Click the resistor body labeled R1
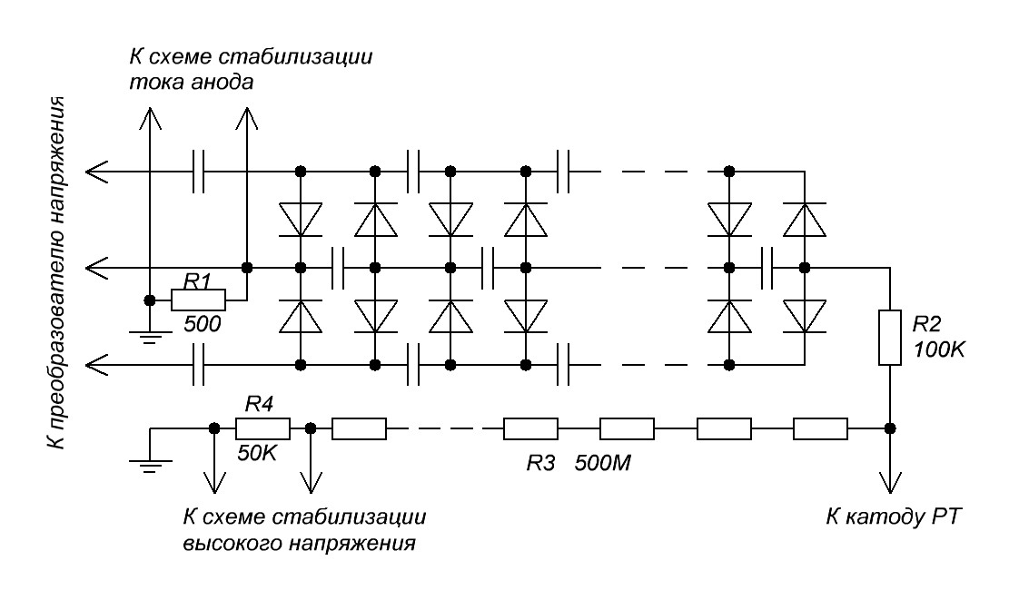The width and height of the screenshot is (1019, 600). pyautogui.click(x=198, y=299)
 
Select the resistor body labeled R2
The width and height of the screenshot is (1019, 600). pyautogui.click(x=890, y=338)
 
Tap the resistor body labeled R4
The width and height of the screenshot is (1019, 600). pyautogui.click(x=262, y=428)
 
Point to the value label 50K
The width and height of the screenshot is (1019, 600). pyautogui.click(x=258, y=451)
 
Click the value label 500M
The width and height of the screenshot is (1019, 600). pyautogui.click(x=605, y=464)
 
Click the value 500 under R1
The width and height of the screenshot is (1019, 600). pyautogui.click(x=202, y=323)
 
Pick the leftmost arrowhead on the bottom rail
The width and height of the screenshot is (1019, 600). pyautogui.click(x=94, y=364)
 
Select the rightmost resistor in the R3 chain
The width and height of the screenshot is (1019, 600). pyautogui.click(x=820, y=428)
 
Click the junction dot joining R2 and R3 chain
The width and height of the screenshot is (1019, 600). pyautogui.click(x=890, y=428)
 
